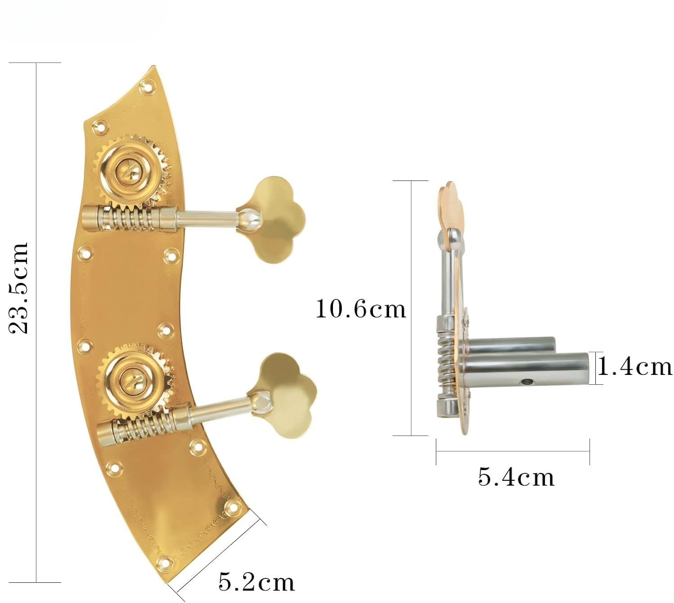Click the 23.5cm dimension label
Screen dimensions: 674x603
tap(18, 287)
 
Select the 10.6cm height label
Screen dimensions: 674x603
tap(361, 309)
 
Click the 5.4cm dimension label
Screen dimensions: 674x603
tap(516, 477)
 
